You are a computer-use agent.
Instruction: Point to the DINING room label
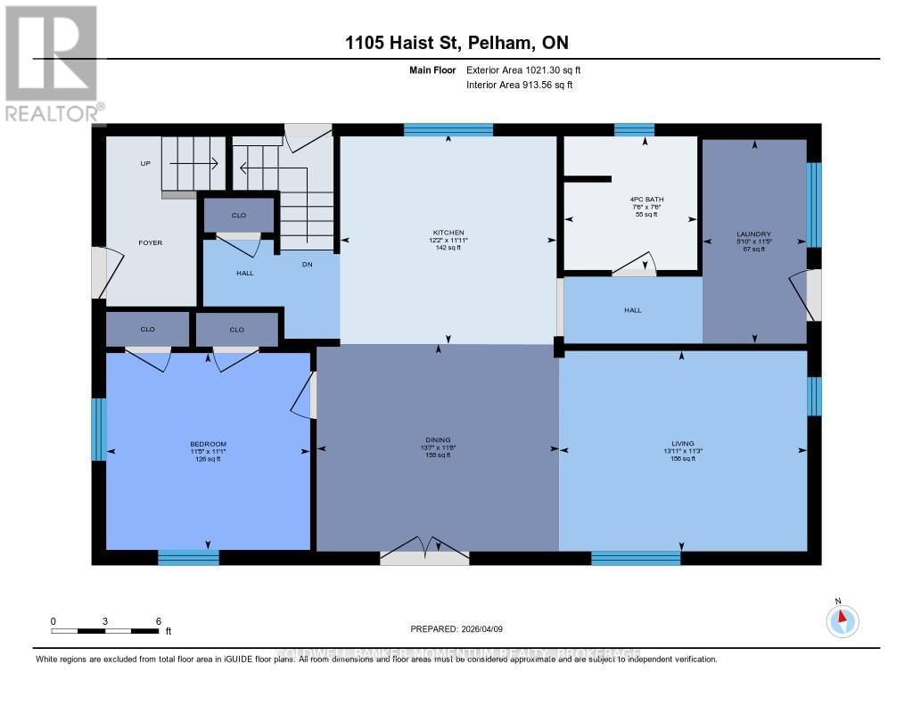438,439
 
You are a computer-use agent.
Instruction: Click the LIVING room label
682,443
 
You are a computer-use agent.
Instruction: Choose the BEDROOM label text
208,444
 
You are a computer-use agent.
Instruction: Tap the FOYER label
150,242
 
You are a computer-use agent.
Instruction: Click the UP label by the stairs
145,164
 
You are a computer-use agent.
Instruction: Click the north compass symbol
841,619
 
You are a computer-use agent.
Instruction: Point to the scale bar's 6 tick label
158,621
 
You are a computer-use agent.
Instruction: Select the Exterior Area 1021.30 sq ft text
523,70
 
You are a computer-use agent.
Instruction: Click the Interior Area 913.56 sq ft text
519,85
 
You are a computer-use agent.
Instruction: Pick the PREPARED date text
456,629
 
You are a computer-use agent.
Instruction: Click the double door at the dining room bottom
424,552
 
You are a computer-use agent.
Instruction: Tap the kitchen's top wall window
448,129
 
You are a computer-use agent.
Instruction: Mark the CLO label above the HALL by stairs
239,216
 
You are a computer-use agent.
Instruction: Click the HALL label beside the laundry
632,310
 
